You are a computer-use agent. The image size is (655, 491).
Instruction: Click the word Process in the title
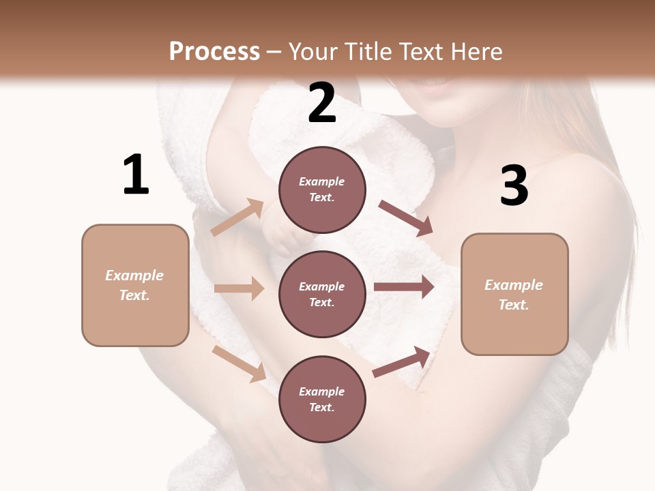[214, 52]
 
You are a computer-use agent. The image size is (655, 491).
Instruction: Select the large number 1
[136, 175]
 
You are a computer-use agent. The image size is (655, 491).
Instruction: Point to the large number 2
[322, 103]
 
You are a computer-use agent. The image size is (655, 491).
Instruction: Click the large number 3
[514, 186]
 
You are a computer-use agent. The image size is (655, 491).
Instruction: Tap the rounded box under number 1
[135, 285]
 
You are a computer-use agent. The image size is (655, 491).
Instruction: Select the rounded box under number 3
[514, 295]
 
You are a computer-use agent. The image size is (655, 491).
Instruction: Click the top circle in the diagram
[322, 190]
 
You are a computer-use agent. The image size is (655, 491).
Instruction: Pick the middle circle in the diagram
[322, 294]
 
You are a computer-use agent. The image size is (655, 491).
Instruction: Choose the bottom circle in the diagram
[322, 399]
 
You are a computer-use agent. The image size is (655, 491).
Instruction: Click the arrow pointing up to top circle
[237, 217]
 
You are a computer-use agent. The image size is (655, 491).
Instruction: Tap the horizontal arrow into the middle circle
[239, 288]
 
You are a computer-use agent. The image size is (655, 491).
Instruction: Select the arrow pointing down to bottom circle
[239, 363]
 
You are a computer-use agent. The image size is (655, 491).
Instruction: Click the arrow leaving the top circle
[405, 218]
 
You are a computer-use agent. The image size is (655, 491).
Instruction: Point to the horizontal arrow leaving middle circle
[403, 287]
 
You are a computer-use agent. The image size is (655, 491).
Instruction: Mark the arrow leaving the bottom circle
[401, 362]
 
